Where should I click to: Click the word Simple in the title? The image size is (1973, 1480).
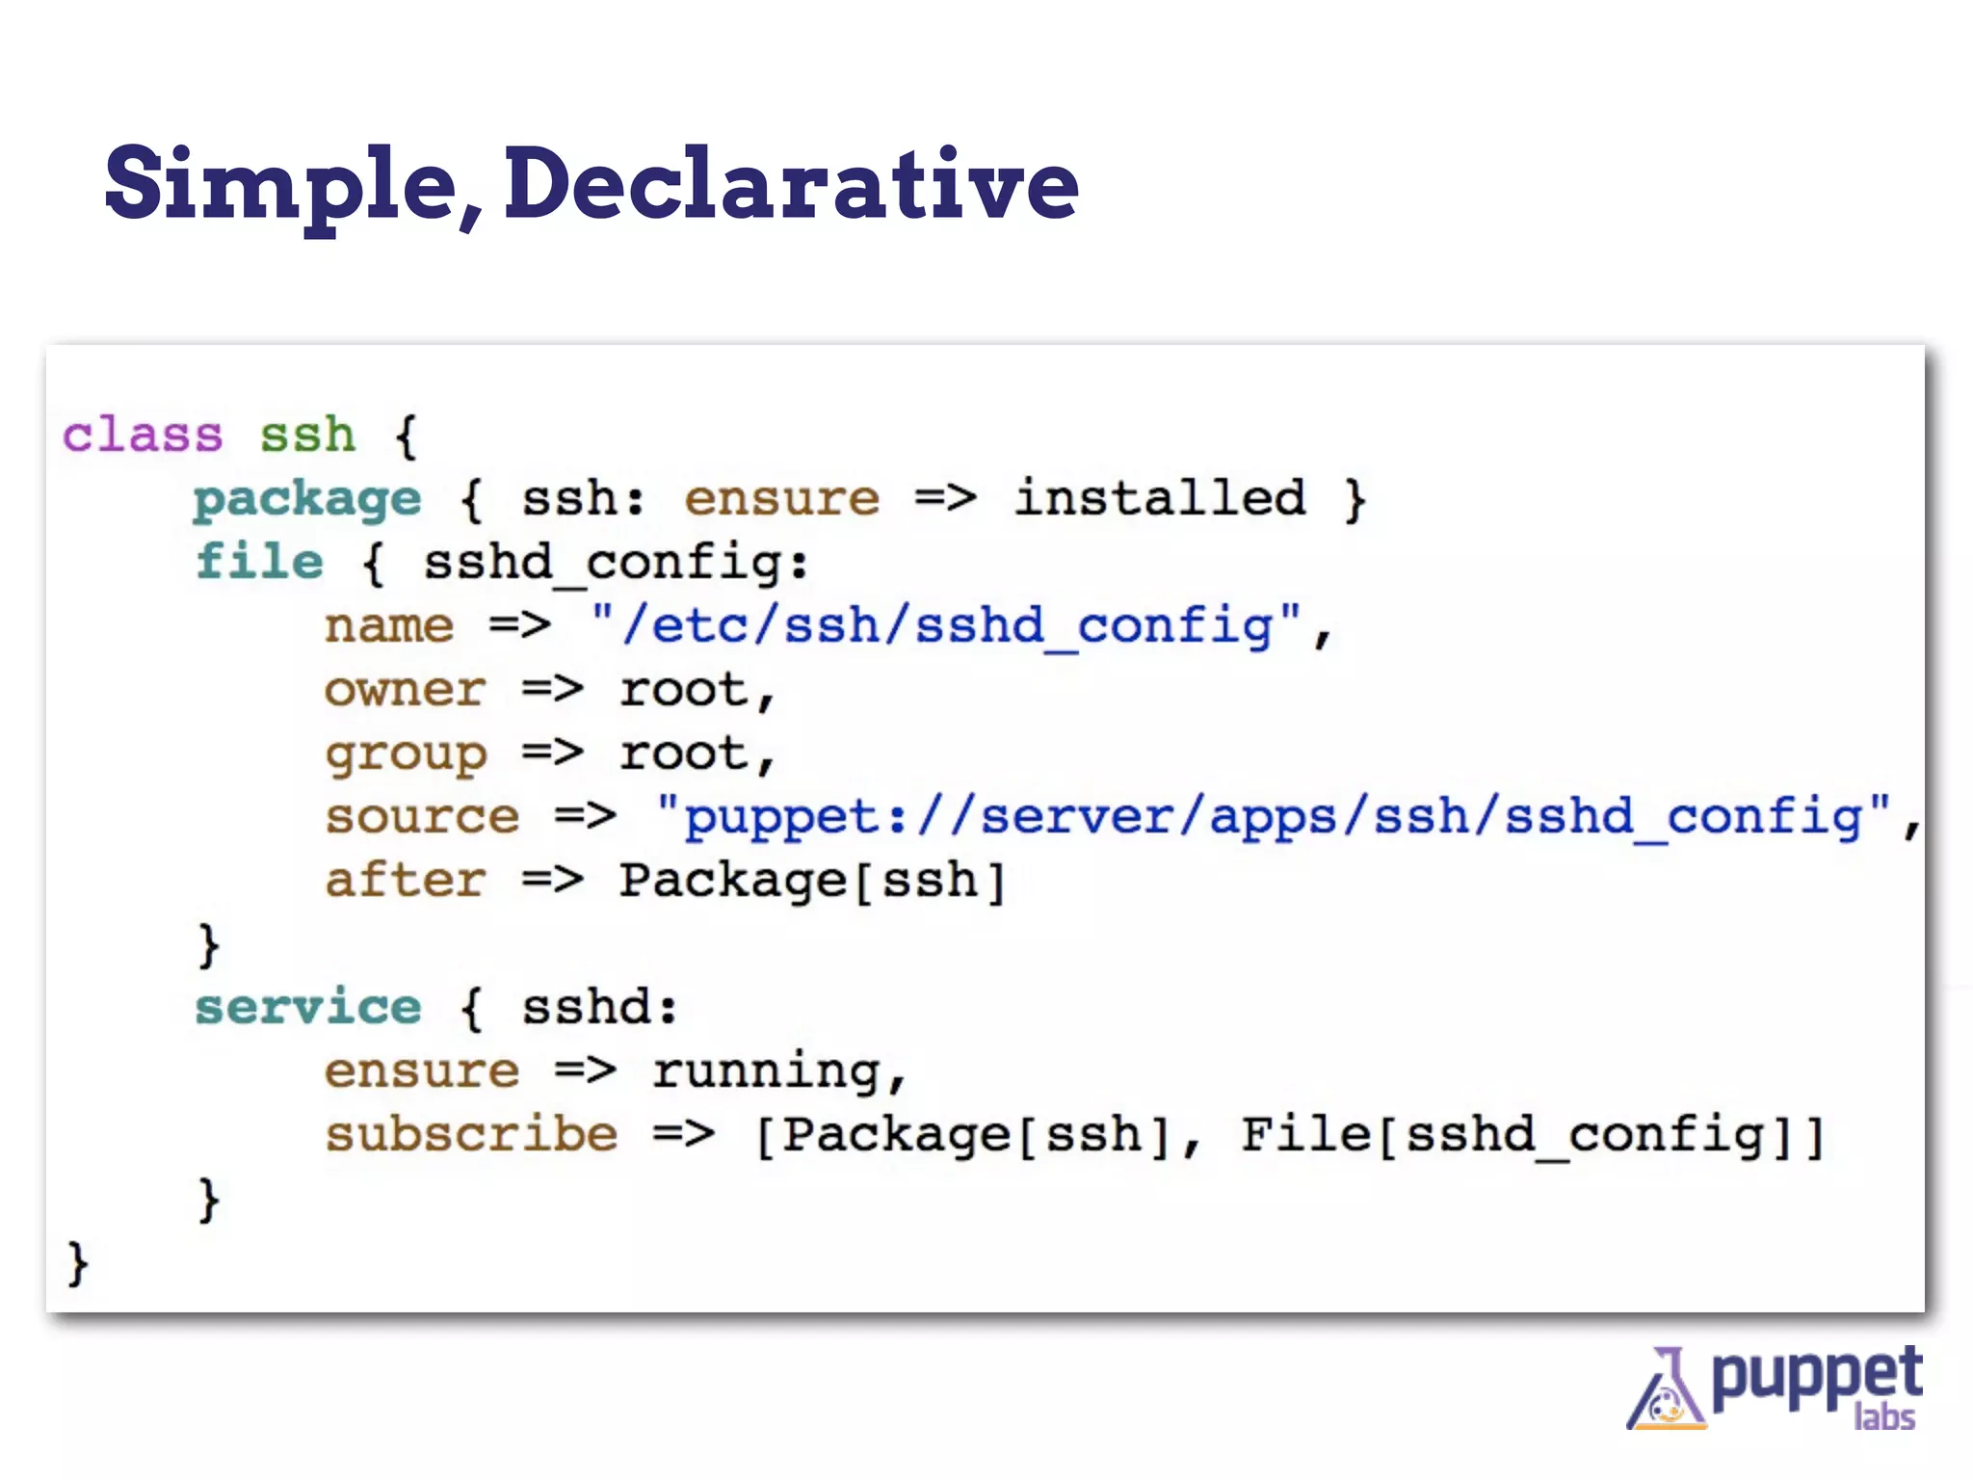point(279,183)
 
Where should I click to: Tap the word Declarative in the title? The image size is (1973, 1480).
point(790,183)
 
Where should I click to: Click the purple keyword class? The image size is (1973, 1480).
point(143,436)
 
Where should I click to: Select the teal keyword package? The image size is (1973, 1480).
point(307,499)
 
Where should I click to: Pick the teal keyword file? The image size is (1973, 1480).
point(259,562)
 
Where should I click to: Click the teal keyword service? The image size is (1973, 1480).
point(308,1008)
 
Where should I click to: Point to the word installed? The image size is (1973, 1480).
point(1160,498)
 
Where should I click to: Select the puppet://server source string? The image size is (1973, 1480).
point(1272,817)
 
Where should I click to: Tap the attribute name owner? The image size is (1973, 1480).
point(405,690)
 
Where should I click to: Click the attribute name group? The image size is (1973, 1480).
point(406,754)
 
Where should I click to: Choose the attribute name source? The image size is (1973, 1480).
point(422,817)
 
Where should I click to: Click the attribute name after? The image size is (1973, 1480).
point(405,881)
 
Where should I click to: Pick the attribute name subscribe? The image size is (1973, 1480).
point(471,1135)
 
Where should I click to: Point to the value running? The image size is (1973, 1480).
point(766,1071)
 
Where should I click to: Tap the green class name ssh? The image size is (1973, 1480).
point(307,436)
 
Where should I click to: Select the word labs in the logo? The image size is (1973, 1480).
point(1884,1417)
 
